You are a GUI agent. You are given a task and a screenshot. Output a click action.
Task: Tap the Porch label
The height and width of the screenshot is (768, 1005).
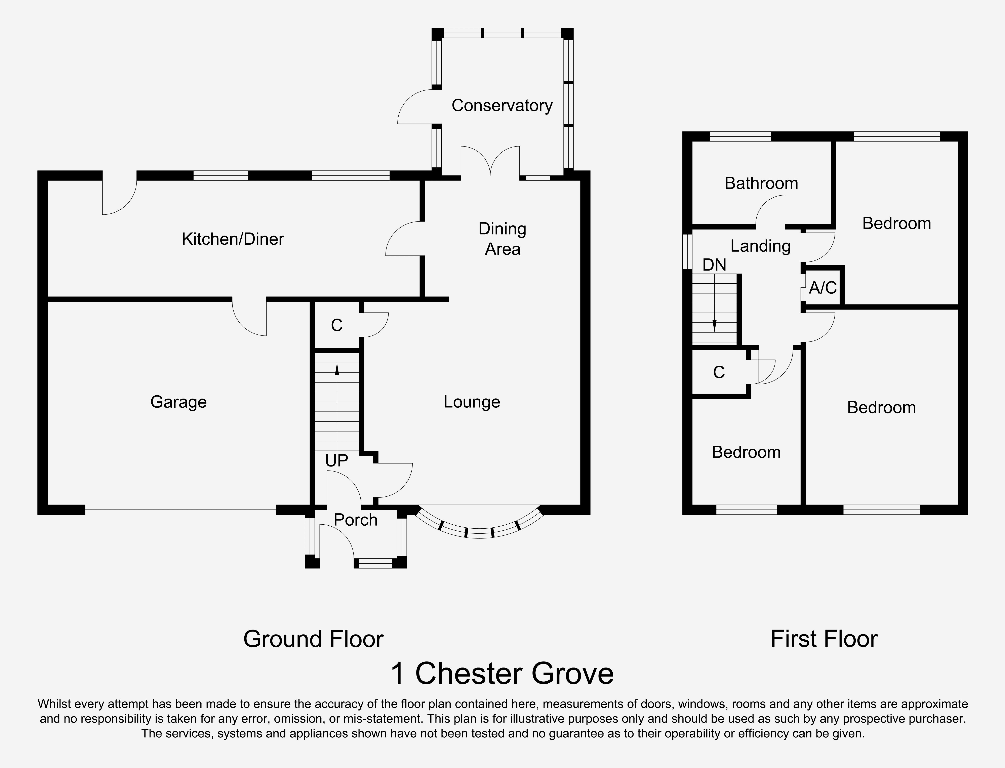(x=356, y=520)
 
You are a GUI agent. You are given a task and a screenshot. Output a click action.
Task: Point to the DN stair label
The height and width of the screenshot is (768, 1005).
(x=714, y=265)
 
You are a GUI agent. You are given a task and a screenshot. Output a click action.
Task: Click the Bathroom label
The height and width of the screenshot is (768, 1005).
(x=761, y=183)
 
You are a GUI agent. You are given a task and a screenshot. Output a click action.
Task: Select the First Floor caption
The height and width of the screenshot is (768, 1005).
(x=824, y=639)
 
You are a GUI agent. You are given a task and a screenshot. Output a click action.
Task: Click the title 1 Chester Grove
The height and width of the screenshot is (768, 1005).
(x=502, y=674)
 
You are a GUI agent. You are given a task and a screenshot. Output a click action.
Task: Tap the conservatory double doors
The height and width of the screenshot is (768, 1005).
(x=490, y=161)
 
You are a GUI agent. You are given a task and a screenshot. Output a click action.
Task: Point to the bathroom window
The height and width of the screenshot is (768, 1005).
(x=740, y=136)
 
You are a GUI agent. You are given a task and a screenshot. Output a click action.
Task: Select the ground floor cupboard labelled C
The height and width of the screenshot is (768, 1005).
(x=337, y=325)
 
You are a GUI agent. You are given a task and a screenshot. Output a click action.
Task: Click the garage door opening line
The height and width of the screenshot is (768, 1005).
(x=180, y=510)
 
